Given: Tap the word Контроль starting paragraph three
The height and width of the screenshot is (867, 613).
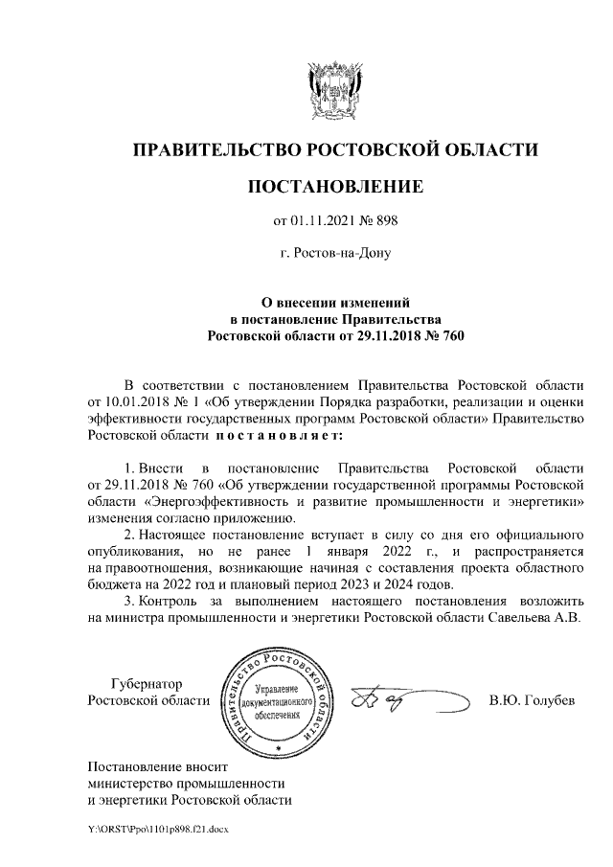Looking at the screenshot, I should [x=167, y=603].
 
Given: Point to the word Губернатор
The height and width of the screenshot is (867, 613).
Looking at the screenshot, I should [x=146, y=684].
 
